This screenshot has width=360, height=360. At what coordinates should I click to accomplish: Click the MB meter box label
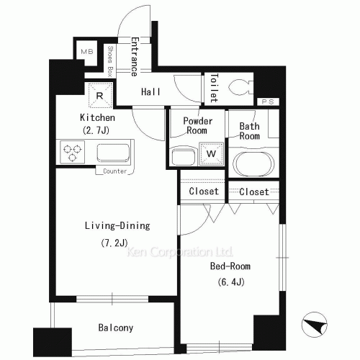tap(87, 51)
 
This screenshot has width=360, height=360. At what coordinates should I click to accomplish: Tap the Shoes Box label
tap(110, 61)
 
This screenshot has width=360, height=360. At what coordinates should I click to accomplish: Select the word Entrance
tap(135, 57)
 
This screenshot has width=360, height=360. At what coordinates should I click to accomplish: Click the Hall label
tap(150, 91)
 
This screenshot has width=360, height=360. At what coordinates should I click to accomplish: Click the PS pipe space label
tap(268, 102)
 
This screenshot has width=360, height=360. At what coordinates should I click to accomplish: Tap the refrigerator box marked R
tap(101, 96)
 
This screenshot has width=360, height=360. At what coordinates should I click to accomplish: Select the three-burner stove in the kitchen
tap(72, 152)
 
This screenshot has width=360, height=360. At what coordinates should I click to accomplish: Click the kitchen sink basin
tap(113, 153)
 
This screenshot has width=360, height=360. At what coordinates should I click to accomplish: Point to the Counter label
tap(115, 171)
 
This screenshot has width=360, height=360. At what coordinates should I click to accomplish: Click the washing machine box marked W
tap(212, 153)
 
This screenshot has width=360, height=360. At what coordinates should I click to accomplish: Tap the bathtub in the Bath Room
tap(254, 164)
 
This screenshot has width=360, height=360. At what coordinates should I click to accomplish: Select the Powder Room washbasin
tap(184, 157)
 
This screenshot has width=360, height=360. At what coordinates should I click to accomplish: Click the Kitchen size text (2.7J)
tap(96, 130)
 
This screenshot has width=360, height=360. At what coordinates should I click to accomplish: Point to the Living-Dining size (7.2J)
tap(114, 243)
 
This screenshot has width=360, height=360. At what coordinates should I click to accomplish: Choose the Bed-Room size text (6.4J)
tap(231, 282)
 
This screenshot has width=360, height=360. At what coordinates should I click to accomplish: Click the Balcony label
tap(116, 328)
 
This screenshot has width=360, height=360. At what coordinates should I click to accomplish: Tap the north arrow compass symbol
tap(315, 325)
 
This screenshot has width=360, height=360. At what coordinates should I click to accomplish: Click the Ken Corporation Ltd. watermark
tap(180, 252)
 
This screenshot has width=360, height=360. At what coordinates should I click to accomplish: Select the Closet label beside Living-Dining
tap(204, 192)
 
